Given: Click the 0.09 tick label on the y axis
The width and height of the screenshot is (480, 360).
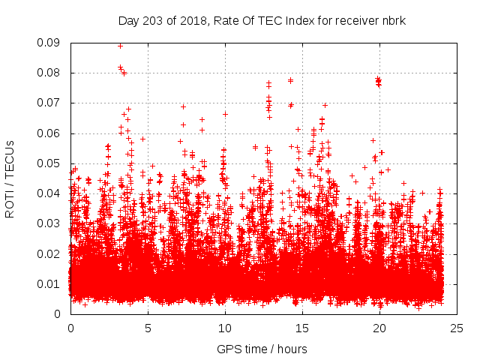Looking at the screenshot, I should point(49,43).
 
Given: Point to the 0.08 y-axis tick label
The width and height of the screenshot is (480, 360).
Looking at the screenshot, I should point(49,73).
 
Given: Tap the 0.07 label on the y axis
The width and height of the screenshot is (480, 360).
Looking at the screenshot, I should point(49,103).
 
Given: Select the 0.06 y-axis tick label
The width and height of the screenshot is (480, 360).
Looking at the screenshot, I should point(49,133).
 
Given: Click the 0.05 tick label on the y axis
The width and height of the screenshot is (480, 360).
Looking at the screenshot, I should point(49,163).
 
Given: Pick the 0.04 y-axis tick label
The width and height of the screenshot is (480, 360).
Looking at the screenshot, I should point(49,193).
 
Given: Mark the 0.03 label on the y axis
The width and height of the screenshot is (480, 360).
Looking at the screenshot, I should point(49,223).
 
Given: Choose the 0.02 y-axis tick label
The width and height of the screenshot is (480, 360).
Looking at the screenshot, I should point(49,253).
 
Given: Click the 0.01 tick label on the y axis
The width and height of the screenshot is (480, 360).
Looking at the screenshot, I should point(49,283).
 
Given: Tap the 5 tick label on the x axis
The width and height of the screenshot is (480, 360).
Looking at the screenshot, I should point(148,328).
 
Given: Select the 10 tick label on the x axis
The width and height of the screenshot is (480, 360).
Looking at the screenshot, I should point(225,328).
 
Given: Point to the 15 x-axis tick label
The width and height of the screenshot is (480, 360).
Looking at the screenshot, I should point(302,328).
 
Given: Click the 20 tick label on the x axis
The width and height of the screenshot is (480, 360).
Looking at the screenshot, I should point(379,328).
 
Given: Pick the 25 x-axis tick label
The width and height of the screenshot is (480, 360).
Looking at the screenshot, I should point(457,328).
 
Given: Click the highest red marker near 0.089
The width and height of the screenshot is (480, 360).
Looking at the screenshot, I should point(121,46).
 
